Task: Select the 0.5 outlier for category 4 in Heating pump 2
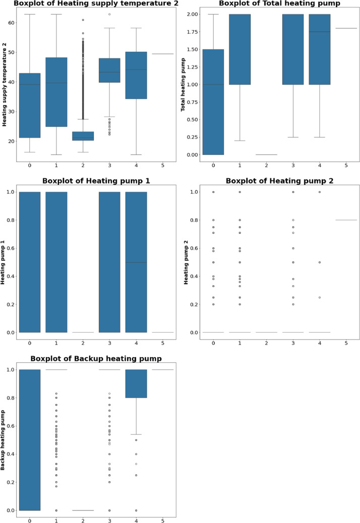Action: pos(319,263)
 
